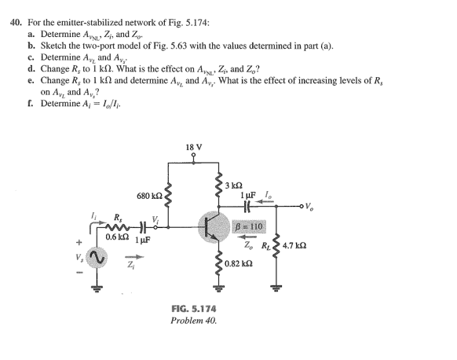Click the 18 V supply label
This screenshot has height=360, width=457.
pos(192,147)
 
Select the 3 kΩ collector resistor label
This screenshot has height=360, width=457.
pos(234,186)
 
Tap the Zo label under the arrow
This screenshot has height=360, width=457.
pos(248,244)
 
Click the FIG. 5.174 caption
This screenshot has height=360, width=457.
pos(194,309)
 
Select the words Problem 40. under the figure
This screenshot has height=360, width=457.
pos(193,321)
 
